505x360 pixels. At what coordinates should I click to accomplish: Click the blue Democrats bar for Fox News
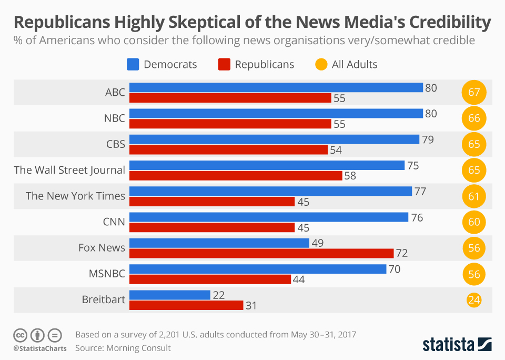[x=219, y=243]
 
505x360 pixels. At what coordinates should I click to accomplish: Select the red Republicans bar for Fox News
[x=261, y=253]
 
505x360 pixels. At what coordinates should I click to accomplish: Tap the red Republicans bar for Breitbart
[x=186, y=305]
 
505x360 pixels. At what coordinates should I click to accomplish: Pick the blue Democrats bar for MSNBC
[x=258, y=269]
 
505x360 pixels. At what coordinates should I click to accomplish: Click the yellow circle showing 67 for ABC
[x=474, y=93]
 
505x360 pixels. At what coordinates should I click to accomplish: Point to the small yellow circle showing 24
[x=474, y=300]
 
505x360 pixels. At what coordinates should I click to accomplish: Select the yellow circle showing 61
[x=474, y=196]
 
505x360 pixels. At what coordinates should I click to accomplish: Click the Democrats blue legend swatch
[x=133, y=65]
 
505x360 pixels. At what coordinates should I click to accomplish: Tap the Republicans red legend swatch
[x=224, y=65]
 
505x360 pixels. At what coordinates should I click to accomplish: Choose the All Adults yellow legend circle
[x=321, y=65]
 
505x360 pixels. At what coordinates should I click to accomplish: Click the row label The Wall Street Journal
[x=69, y=170]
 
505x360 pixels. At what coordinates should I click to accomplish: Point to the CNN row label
[x=114, y=222]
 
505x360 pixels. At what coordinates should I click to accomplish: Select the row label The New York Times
[x=75, y=196]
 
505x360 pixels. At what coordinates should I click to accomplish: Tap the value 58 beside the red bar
[x=350, y=176]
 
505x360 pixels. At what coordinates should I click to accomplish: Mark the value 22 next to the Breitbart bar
[x=219, y=295]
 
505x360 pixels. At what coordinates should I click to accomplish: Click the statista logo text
[x=448, y=345]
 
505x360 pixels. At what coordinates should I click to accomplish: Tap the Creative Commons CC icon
[x=20, y=335]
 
